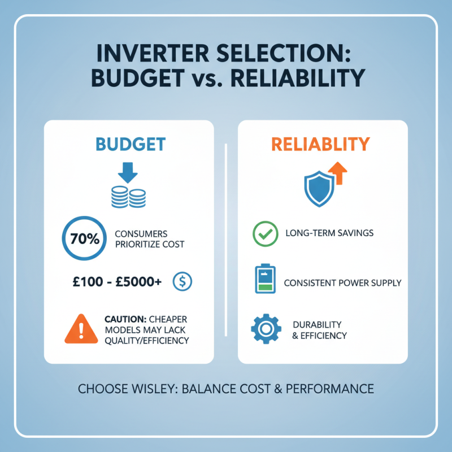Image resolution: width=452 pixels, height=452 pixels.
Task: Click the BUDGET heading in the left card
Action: coord(130,144)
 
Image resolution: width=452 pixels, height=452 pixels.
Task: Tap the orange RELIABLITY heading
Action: coord(320,144)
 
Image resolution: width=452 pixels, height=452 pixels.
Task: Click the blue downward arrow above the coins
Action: coord(129,172)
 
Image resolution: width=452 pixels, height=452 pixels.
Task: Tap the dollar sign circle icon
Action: coord(184,280)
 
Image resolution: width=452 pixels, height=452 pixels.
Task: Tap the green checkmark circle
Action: coord(263,233)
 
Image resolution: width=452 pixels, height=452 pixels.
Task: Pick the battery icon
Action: coord(263,279)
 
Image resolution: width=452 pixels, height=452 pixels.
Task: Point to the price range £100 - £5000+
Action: coord(123,281)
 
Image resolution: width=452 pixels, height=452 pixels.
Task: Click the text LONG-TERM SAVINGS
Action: coord(329,233)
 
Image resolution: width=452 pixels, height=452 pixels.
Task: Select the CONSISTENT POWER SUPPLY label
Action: coord(342,282)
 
